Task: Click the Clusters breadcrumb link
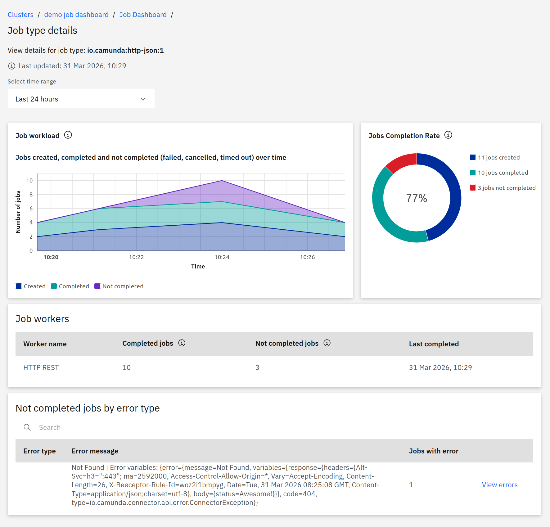(x=20, y=15)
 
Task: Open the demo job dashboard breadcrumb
(x=76, y=15)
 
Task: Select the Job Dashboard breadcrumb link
(x=143, y=15)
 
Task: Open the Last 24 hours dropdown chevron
(x=143, y=99)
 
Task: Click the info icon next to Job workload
(x=68, y=135)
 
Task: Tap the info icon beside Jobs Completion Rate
(x=448, y=135)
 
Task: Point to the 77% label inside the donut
(x=417, y=198)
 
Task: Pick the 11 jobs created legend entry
(x=498, y=158)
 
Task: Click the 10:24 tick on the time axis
(x=222, y=257)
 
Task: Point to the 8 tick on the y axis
(x=31, y=195)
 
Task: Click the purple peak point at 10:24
(x=222, y=181)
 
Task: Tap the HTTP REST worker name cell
(x=41, y=368)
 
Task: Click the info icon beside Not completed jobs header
(x=327, y=343)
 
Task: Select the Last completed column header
(x=434, y=344)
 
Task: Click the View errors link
(x=499, y=485)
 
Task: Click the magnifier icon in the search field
(x=27, y=427)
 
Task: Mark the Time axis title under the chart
(x=198, y=267)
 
